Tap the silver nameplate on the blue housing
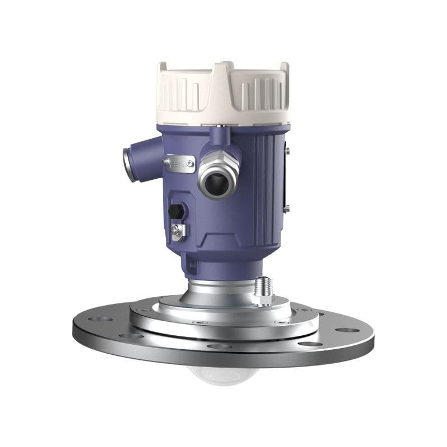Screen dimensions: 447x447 [179, 164]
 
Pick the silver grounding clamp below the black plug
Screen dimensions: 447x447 [178, 230]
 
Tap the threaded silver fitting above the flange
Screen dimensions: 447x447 [261, 291]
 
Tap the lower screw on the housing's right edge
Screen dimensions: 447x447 [287, 208]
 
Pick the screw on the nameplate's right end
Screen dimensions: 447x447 [191, 164]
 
